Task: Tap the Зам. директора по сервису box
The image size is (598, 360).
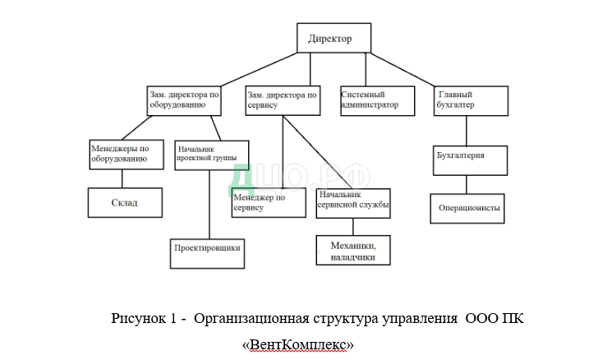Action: click(x=282, y=100)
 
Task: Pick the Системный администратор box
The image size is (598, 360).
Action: click(x=373, y=100)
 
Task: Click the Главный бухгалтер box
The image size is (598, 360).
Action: click(x=467, y=100)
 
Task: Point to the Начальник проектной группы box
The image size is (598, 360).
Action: click(x=211, y=154)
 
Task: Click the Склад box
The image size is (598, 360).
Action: click(x=124, y=201)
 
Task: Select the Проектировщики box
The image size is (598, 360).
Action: click(x=209, y=247)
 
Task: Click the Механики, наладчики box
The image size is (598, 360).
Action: click(x=353, y=250)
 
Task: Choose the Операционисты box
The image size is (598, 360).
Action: click(x=467, y=208)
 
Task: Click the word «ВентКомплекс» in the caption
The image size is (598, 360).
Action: click(x=298, y=344)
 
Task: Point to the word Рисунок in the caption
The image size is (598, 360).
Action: click(x=138, y=319)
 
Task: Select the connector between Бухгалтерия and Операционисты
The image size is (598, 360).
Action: click(x=467, y=183)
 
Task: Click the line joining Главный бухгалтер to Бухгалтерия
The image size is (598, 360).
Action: click(x=467, y=130)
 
